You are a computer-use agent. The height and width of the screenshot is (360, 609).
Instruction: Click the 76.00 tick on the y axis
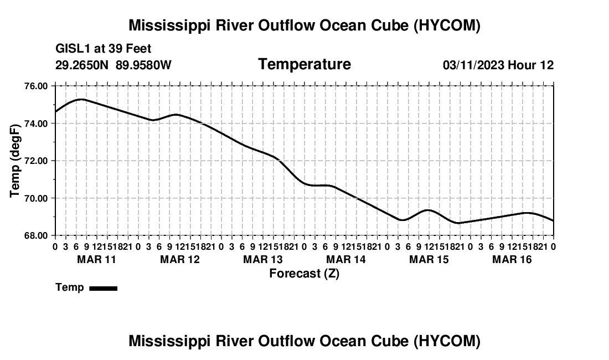coord(36,86)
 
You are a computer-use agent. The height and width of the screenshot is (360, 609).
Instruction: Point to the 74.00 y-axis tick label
coord(36,124)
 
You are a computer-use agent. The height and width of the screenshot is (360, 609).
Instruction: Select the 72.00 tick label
coord(36,161)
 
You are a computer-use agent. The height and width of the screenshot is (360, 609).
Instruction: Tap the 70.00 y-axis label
coord(36,198)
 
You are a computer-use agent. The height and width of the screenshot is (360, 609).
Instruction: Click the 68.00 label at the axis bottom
coord(36,236)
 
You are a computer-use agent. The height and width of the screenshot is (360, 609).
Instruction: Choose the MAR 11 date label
coord(97,259)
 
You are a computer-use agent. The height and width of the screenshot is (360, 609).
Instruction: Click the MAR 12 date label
coord(180,259)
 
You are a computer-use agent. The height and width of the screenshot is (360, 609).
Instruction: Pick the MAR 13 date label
coord(263,259)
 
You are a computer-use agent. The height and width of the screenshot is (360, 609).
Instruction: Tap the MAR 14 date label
coord(346,259)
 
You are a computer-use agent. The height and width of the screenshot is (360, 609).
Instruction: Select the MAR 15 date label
coord(429,259)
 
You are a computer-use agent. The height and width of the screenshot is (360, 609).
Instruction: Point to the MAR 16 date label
coord(512,259)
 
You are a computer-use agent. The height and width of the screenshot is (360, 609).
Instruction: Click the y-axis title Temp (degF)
coord(15,161)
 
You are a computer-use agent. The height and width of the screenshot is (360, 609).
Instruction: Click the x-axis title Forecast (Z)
coord(304,274)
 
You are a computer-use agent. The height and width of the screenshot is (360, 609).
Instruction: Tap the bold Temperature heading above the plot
coord(304,64)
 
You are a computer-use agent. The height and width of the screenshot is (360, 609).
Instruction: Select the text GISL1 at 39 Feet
coord(104,49)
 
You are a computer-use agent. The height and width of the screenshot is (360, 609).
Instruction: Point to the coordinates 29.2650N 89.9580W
coord(113,65)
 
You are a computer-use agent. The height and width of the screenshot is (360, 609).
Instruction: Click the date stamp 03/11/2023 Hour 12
coord(498,65)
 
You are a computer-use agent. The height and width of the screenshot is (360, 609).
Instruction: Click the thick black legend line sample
coord(104,288)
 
